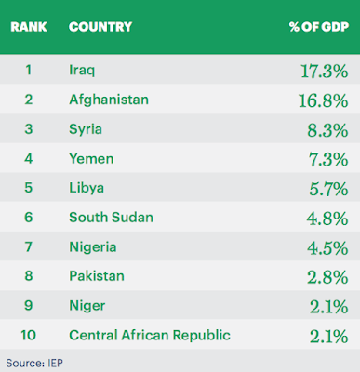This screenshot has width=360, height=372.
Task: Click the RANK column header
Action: click(x=29, y=27)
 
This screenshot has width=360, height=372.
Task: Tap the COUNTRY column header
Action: click(x=100, y=27)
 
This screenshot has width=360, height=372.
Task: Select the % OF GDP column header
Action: click(x=319, y=27)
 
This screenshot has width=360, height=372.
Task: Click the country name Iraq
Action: click(x=82, y=71)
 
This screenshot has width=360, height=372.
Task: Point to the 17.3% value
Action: click(x=325, y=72)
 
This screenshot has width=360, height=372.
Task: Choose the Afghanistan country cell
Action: click(x=109, y=100)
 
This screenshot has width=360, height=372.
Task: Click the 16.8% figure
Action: click(x=323, y=100)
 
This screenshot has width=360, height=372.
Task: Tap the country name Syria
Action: click(x=86, y=129)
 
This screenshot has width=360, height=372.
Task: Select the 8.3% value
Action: click(x=327, y=130)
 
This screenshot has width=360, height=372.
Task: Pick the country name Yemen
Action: click(x=91, y=159)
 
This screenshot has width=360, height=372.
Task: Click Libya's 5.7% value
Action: click(x=328, y=189)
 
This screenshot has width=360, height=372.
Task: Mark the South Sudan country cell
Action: click(x=111, y=218)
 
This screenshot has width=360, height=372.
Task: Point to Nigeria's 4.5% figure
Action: click(x=327, y=248)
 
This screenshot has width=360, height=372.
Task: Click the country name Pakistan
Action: click(x=97, y=276)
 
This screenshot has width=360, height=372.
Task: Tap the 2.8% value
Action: click(x=327, y=277)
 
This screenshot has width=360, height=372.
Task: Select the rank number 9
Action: click(x=29, y=305)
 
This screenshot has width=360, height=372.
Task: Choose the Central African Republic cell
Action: click(x=150, y=335)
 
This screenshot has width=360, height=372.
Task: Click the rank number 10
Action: click(x=29, y=335)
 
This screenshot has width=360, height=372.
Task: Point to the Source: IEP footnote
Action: click(x=34, y=363)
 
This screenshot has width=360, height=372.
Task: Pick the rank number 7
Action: click(x=29, y=247)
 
